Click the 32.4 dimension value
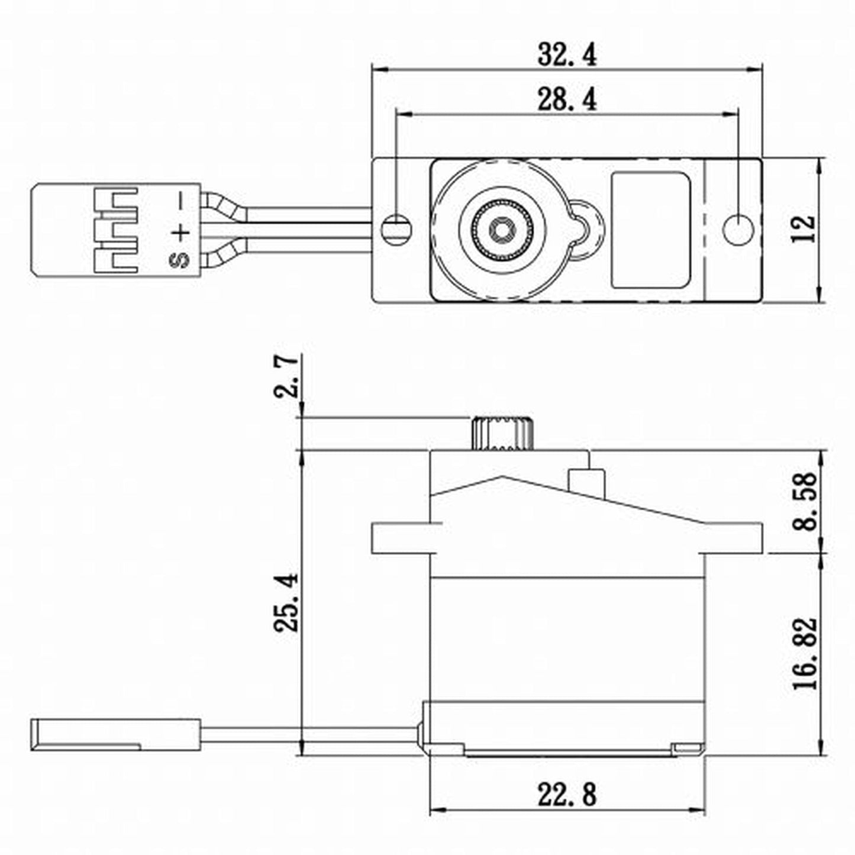(x=567, y=54)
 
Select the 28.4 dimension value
(x=567, y=99)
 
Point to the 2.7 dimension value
(x=287, y=376)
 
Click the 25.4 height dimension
(x=287, y=602)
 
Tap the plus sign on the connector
(x=181, y=231)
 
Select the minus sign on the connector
(x=181, y=202)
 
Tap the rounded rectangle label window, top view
(x=650, y=230)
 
